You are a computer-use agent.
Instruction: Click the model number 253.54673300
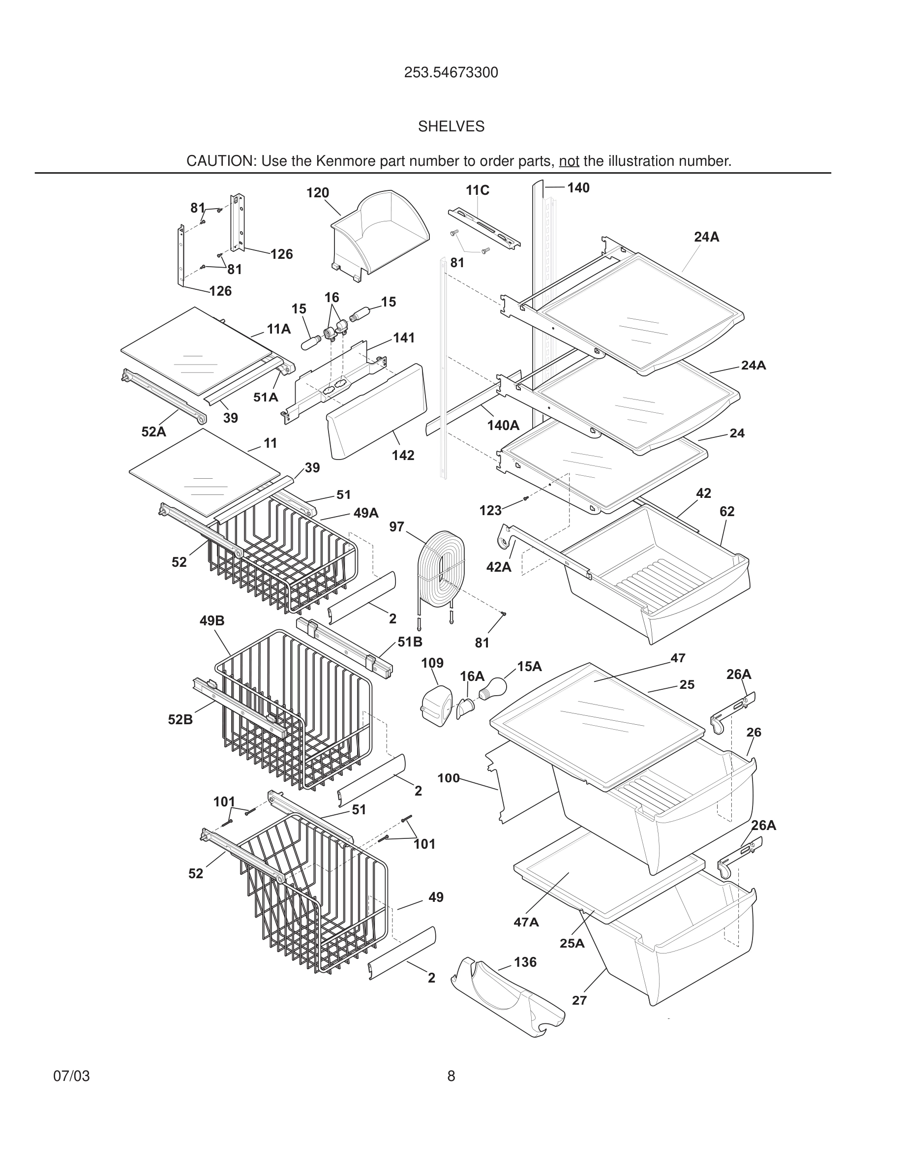[451, 73]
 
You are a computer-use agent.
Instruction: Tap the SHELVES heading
[451, 126]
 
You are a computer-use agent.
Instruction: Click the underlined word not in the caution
[569, 161]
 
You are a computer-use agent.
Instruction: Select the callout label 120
[317, 193]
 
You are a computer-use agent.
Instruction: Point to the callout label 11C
[477, 190]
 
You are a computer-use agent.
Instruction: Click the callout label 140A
[503, 425]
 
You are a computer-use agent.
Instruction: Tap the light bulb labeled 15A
[493, 687]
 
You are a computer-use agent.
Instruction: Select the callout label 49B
[212, 621]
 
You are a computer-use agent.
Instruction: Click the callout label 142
[403, 455]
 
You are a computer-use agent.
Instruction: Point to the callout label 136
[525, 962]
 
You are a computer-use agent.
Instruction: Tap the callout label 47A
[526, 922]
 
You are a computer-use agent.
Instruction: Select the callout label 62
[726, 511]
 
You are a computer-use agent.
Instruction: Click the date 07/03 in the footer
[71, 1076]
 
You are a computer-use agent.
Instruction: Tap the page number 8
[451, 1076]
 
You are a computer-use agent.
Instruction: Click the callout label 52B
[181, 719]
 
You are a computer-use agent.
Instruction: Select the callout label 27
[579, 1000]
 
